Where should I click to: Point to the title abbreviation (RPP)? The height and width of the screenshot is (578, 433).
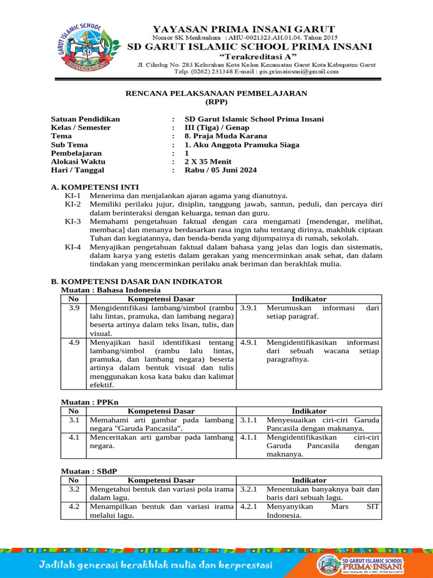(216, 102)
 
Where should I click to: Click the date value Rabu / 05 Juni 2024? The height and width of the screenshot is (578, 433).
(220, 170)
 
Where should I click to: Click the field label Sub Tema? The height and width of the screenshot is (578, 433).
(70, 144)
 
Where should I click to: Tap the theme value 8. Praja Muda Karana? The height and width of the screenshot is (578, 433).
(226, 136)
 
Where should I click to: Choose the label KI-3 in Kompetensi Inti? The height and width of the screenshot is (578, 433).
(73, 221)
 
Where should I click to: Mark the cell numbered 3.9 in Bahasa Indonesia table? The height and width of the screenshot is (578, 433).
(74, 308)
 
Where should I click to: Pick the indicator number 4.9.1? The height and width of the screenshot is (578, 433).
(249, 342)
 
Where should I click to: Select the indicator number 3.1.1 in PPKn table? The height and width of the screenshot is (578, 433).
(249, 420)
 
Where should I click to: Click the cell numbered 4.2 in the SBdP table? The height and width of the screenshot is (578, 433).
(74, 506)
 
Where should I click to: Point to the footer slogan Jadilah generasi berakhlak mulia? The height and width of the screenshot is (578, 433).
(156, 565)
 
